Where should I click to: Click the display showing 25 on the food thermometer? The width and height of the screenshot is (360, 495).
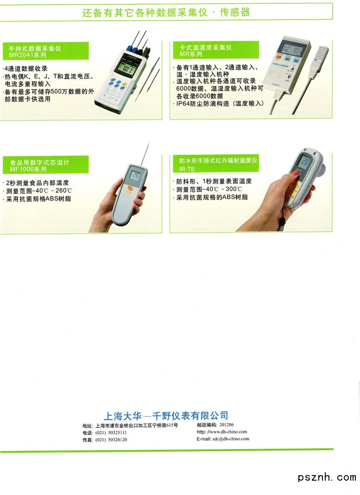135,175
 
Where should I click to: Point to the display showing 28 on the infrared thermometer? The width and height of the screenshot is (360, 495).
304,162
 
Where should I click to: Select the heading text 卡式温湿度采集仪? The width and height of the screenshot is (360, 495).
206,47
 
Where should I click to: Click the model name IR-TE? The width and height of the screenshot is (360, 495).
187,169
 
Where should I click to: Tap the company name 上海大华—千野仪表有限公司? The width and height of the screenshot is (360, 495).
166,415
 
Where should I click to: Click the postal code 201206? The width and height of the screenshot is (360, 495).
227,425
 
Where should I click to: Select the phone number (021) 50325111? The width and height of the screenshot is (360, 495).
111,432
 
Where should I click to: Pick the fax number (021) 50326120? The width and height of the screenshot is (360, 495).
111,439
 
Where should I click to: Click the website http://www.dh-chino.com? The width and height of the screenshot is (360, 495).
221,432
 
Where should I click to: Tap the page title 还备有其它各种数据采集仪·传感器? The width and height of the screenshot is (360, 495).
166,13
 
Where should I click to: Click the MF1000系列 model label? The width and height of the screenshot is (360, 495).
28,169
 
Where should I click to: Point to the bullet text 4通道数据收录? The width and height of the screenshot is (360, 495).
25,69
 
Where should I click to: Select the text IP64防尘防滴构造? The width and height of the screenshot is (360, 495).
203,104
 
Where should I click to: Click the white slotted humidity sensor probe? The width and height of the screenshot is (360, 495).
320,58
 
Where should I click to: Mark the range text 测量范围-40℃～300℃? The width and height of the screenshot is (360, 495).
209,189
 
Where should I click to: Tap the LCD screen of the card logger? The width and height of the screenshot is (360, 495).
292,50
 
